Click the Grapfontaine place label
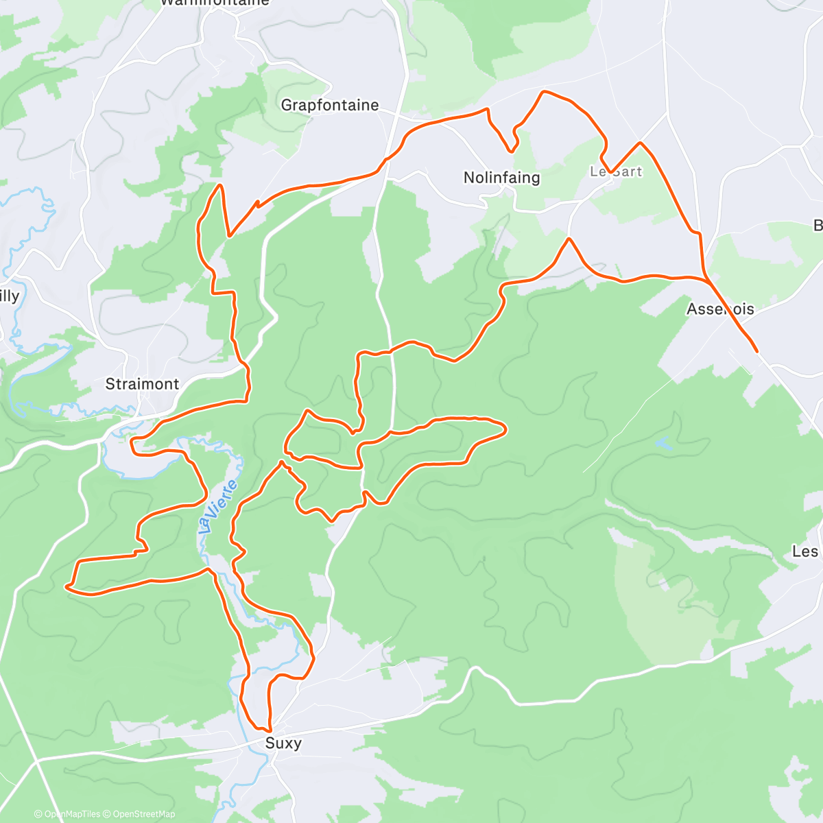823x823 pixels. pos(330,105)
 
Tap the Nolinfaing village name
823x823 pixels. pos(501,178)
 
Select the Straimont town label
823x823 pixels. pos(142,384)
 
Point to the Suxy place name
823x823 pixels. pos(283,743)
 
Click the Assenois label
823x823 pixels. pos(720,309)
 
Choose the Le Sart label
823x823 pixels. pos(616,171)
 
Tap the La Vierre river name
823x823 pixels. pos(219,506)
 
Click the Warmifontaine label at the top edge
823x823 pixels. pos(215,3)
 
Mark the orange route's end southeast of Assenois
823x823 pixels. pos(756,351)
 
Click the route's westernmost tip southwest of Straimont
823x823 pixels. pos(66,586)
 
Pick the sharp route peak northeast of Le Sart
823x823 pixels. pos(640,143)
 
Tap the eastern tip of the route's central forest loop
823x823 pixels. pos(505,429)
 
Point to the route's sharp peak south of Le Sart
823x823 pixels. pos(569,239)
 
